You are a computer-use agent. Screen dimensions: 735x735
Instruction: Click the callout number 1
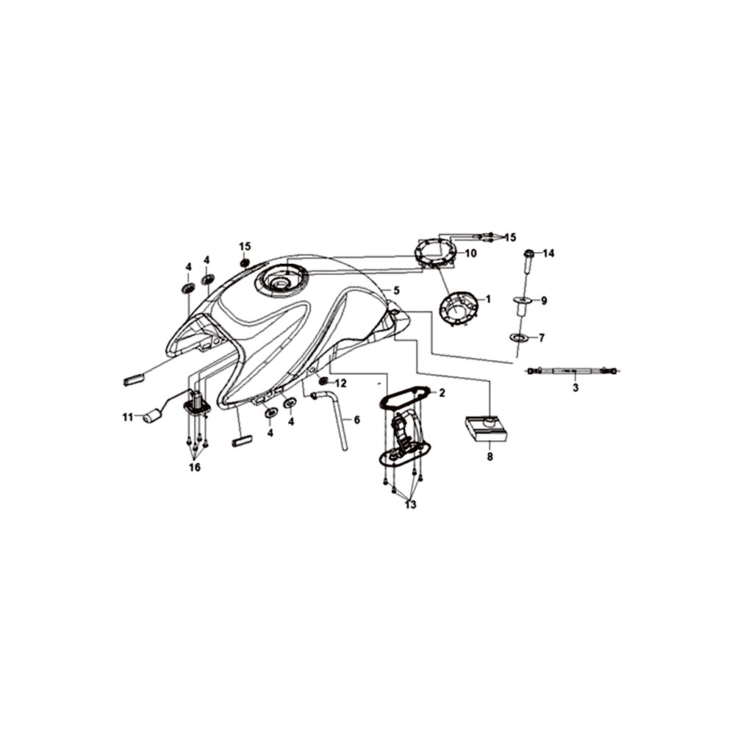click(487, 299)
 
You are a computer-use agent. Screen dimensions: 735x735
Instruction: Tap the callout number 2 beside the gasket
click(442, 392)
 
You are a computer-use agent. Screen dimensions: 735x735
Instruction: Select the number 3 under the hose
click(576, 387)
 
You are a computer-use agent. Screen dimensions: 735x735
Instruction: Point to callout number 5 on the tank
click(397, 290)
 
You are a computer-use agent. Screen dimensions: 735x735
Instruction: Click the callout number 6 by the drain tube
click(356, 420)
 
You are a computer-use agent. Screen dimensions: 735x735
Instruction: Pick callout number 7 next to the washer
click(542, 337)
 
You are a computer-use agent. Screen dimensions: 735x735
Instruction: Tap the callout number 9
click(544, 301)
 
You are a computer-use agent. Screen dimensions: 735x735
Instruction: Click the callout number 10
click(470, 253)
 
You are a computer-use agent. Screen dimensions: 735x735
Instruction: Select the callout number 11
click(128, 417)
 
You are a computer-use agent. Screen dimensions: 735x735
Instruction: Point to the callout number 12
click(340, 384)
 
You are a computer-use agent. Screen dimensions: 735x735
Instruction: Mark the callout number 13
click(411, 505)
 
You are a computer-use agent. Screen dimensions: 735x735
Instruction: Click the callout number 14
click(548, 254)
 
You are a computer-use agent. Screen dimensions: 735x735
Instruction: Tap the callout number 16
click(195, 467)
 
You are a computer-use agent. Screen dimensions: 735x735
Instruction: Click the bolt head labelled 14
click(528, 254)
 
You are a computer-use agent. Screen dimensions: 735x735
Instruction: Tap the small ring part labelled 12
click(323, 380)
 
